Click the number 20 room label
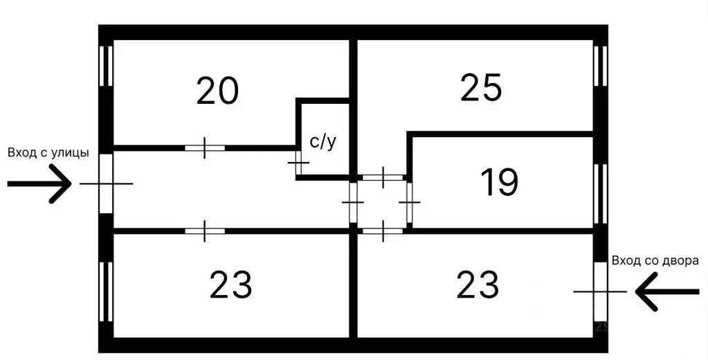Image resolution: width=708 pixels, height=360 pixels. tap(217, 91)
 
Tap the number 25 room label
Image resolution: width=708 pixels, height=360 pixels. tap(481, 88)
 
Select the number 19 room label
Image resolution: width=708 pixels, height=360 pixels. tap(500, 183)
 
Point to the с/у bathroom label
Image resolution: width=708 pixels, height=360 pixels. tap(323, 142)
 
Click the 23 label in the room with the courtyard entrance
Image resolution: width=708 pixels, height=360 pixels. tap(478, 285)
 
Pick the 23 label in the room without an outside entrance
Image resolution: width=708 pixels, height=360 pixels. tap(230, 285)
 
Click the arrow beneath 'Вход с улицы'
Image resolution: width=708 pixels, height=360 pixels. tap(39, 183)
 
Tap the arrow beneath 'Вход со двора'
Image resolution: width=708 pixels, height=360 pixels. tap(667, 291)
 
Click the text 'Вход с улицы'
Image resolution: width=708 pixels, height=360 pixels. tap(48, 153)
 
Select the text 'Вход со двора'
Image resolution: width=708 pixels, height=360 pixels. tap(655, 260)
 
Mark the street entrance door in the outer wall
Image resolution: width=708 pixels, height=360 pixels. tap(106, 183)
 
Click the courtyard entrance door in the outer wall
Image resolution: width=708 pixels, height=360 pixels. tap(601, 291)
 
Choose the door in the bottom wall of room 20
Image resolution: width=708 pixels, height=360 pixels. tap(205, 147)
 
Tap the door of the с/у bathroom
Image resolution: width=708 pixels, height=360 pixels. tap(298, 162)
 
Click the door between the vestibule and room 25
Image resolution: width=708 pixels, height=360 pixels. tap(383, 177)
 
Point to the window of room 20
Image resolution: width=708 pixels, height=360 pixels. tap(106, 66)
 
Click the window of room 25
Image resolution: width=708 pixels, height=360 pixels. tap(601, 66)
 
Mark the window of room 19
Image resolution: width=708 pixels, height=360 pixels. tap(601, 193)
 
